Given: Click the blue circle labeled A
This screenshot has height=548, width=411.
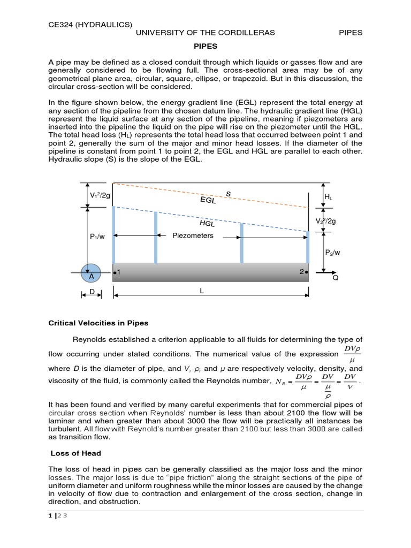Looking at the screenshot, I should [x=91, y=273].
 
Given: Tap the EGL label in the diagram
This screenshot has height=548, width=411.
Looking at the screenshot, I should [x=208, y=200].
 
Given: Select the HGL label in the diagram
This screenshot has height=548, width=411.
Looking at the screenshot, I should [x=207, y=223].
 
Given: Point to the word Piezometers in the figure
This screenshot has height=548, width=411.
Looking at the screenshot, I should [x=193, y=235].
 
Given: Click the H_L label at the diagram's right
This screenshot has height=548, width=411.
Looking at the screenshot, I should [x=328, y=197].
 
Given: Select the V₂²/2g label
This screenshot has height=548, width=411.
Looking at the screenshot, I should [x=326, y=221].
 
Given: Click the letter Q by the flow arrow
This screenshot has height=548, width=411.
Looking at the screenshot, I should [x=336, y=279].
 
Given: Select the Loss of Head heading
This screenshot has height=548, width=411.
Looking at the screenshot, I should [x=76, y=453].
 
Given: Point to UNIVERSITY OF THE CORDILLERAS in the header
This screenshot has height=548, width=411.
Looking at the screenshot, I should [x=205, y=33].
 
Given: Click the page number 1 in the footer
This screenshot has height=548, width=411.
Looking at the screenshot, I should [x=50, y=515].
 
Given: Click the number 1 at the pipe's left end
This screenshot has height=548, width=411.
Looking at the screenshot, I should [x=118, y=272].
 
